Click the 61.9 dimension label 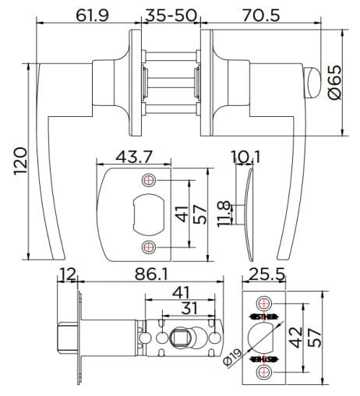click(x=92, y=15)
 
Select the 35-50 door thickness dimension click(x=171, y=15)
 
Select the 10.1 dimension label click(x=245, y=157)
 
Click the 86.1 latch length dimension click(x=154, y=274)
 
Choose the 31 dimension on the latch click(x=189, y=308)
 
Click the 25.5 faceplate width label click(x=264, y=274)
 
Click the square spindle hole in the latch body click(x=177, y=338)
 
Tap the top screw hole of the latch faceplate click(x=264, y=302)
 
